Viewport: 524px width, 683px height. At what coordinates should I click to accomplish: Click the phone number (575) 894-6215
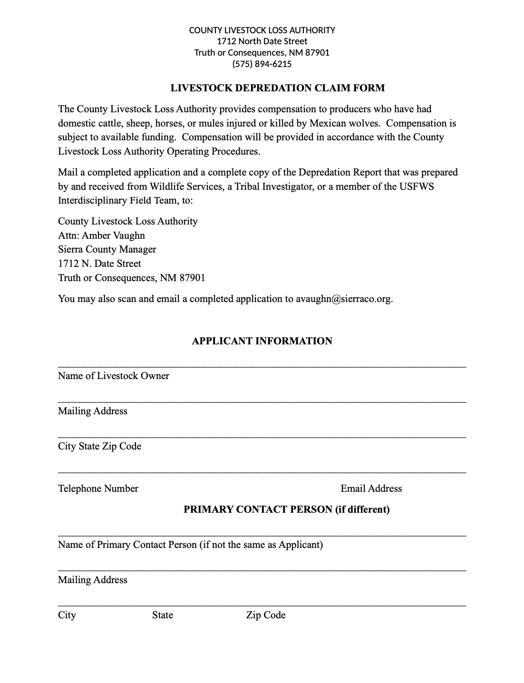pyautogui.click(x=262, y=64)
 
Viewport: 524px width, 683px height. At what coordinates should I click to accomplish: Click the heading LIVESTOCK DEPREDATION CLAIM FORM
pyautogui.click(x=278, y=88)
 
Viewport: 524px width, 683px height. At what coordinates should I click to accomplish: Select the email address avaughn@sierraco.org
pyautogui.click(x=344, y=299)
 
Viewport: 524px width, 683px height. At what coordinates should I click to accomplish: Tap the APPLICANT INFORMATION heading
pyautogui.click(x=262, y=341)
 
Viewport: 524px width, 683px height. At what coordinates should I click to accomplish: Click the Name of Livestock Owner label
pyautogui.click(x=114, y=376)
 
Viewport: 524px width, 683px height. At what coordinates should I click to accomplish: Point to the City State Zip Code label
pyautogui.click(x=100, y=446)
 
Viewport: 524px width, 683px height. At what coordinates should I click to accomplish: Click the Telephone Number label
pyautogui.click(x=98, y=488)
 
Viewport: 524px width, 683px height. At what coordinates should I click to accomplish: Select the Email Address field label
pyautogui.click(x=371, y=488)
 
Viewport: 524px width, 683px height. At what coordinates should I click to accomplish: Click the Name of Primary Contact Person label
pyautogui.click(x=190, y=545)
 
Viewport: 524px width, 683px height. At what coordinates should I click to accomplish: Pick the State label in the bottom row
pyautogui.click(x=163, y=615)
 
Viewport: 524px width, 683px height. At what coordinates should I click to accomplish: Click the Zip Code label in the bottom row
pyautogui.click(x=266, y=615)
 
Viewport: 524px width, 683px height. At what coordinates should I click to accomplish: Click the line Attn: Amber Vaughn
pyautogui.click(x=102, y=235)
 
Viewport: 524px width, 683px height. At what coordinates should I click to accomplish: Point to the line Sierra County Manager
pyautogui.click(x=107, y=249)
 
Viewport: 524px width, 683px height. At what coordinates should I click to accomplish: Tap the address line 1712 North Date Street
pyautogui.click(x=262, y=41)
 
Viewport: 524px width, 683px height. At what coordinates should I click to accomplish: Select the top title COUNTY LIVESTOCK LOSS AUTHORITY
pyautogui.click(x=262, y=30)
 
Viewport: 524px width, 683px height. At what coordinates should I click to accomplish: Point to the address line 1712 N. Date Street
pyautogui.click(x=99, y=263)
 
